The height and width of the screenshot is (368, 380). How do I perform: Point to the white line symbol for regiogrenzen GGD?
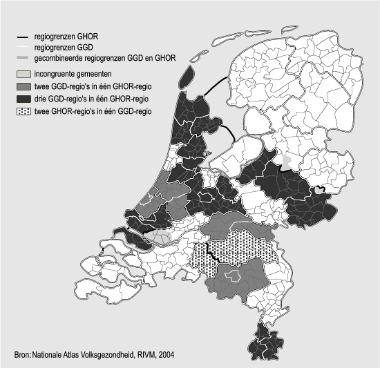point(24,47)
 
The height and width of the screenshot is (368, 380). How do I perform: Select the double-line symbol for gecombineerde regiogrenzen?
point(24,58)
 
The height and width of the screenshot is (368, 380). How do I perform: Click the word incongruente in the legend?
point(55,73)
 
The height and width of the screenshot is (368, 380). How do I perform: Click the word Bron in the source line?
point(21,356)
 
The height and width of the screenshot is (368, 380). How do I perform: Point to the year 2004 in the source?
point(165,356)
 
